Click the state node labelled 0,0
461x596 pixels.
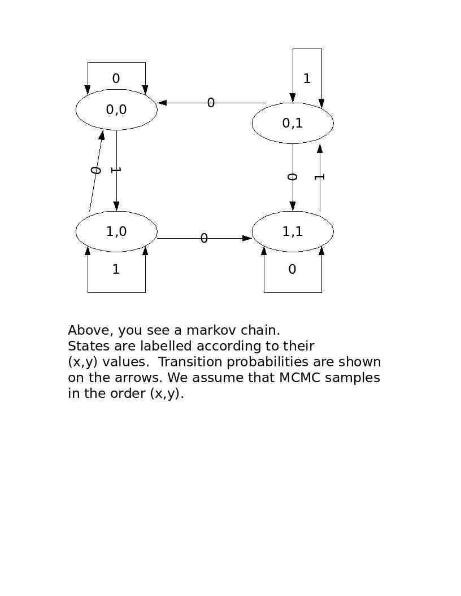[116, 109]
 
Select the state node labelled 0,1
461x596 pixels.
[293, 123]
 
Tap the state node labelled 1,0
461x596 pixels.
[116, 231]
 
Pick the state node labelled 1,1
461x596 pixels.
[293, 231]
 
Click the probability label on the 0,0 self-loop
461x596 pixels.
[116, 79]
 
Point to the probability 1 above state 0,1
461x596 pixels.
[307, 79]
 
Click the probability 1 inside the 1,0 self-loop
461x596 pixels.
[116, 270]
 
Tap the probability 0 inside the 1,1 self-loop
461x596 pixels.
[292, 270]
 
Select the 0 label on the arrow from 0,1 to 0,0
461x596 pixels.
[211, 103]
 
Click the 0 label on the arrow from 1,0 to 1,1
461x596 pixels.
[204, 239]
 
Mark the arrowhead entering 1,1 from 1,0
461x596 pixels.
[247, 238]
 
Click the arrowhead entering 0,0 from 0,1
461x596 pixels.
[162, 103]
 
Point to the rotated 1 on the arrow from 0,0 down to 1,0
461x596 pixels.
[116, 170]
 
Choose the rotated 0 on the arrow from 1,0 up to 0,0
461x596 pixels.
[96, 170]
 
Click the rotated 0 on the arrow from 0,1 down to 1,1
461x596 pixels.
[292, 177]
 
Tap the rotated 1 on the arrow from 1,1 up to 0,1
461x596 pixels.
[319, 177]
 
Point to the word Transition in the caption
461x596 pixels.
[186, 362]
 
